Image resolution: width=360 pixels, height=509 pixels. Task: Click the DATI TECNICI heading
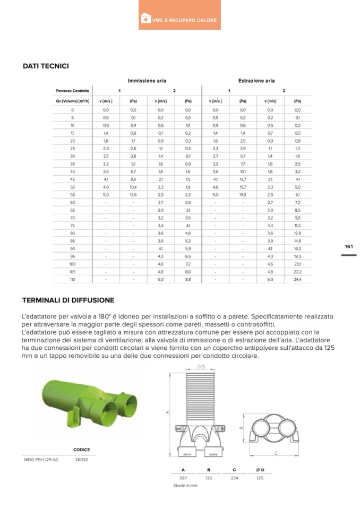click(46, 66)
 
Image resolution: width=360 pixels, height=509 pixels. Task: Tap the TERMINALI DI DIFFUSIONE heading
click(68, 300)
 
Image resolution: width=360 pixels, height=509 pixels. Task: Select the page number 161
click(348, 246)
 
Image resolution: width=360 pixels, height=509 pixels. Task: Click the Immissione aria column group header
click(147, 81)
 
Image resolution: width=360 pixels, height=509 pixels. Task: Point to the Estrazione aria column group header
click(256, 81)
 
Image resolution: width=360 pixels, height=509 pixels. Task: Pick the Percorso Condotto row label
click(72, 91)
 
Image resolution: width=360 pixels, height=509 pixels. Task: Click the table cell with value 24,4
click(297, 279)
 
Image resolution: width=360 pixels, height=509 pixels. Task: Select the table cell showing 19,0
click(243, 195)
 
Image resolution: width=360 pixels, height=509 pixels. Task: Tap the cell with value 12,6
click(133, 195)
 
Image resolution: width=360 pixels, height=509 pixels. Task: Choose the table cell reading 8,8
click(188, 279)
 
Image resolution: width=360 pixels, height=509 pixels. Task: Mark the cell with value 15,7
click(243, 187)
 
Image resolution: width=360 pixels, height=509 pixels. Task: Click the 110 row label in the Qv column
click(72, 279)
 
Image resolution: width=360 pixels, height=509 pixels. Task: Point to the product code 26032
click(81, 460)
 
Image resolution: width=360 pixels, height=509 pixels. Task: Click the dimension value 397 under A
click(183, 478)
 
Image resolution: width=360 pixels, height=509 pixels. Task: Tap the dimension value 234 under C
click(234, 478)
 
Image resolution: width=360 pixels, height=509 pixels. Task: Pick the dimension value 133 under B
click(209, 478)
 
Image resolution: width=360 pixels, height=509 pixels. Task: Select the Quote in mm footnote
click(185, 486)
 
